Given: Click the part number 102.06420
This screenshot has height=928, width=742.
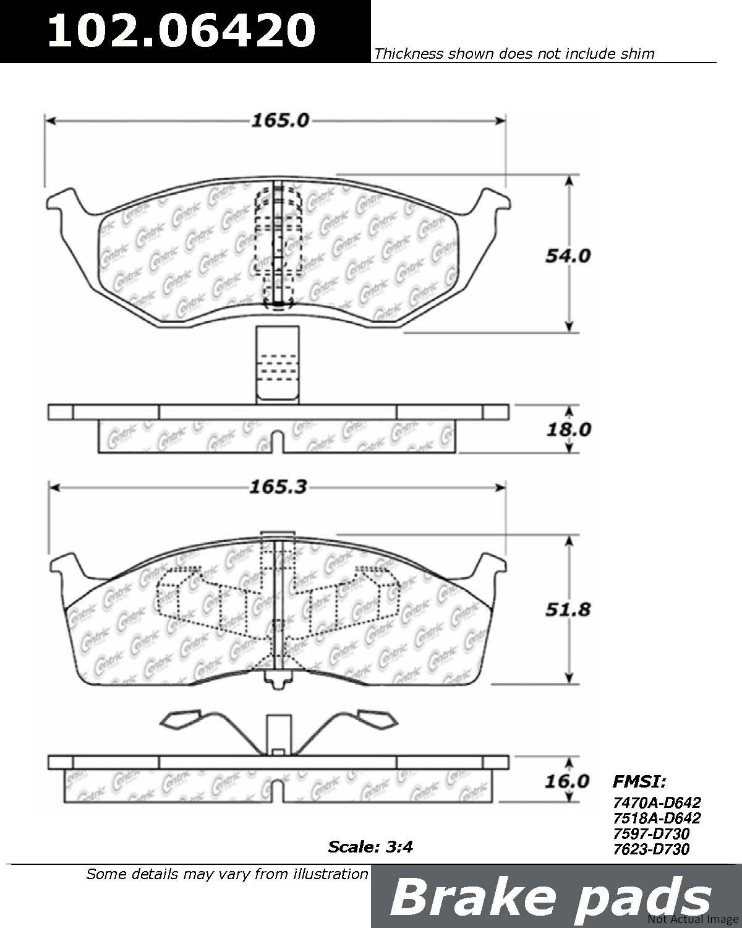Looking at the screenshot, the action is point(182,30).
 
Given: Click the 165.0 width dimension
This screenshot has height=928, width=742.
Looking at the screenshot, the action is point(280,120).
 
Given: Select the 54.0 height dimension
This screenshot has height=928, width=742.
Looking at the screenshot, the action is point(568,256).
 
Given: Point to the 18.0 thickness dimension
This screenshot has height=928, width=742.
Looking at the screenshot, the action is point(569,429).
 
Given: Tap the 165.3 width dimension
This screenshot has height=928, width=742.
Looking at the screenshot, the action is point(278,488).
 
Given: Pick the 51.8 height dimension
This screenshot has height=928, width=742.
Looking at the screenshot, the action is point(568,610).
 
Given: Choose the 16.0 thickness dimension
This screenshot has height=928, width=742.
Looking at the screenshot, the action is point(567,781).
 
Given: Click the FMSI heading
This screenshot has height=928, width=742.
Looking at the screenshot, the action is point(639,781).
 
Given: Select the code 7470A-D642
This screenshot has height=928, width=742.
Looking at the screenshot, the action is point(657,802).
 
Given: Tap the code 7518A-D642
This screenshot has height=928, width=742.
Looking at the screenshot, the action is point(657,818).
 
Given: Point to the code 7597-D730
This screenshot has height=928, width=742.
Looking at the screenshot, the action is point(652,833).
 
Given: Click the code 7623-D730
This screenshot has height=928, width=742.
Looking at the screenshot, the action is point(652,849).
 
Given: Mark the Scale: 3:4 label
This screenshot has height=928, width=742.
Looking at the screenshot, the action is point(370,847).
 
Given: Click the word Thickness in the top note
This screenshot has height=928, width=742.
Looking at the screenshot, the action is point(409,53).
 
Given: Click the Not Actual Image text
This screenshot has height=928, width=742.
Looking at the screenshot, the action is point(693,919).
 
